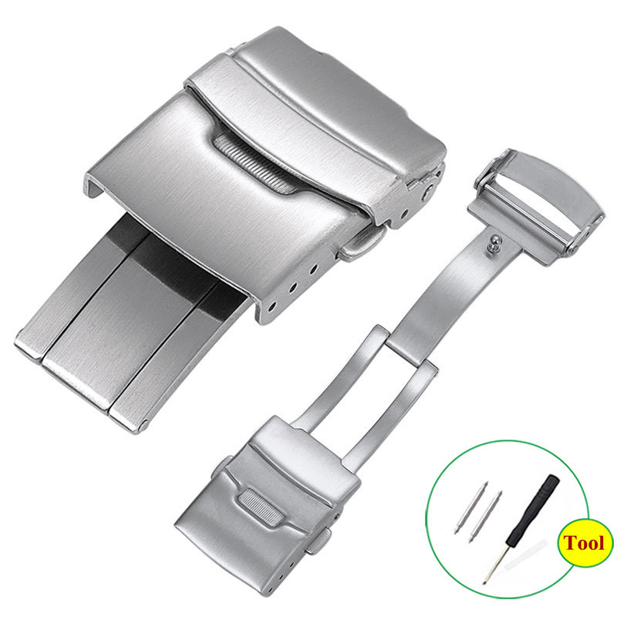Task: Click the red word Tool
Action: (584, 543)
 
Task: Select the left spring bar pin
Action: (471, 507)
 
